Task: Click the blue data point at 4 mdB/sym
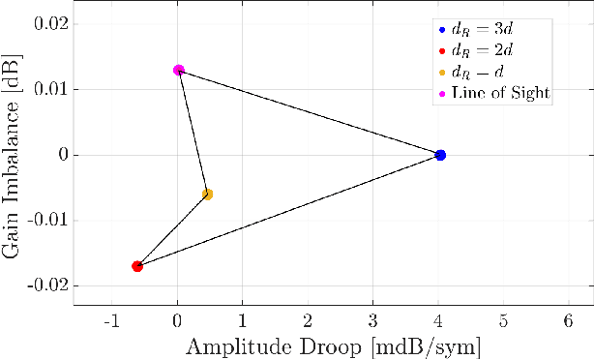[440, 155]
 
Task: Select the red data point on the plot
[137, 266]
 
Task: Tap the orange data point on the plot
[207, 195]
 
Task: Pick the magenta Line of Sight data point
[179, 70]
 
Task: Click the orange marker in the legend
[442, 71]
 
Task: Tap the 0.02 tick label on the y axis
[45, 23]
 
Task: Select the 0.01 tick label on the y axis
[45, 89]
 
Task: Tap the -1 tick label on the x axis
[111, 319]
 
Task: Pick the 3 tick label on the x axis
[373, 319]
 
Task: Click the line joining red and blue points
[288, 211]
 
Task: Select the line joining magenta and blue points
[310, 112]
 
